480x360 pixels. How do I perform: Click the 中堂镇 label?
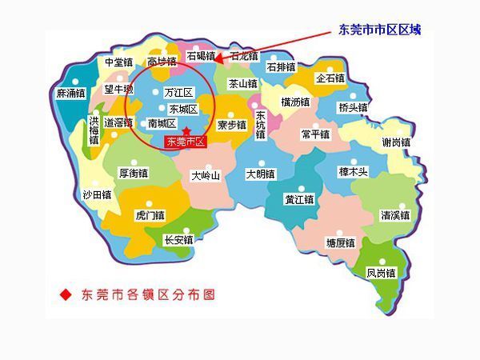click(118, 62)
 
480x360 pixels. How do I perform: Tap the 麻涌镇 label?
click(70, 94)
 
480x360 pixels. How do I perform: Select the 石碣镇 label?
click(201, 56)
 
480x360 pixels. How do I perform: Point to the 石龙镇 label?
click(244, 56)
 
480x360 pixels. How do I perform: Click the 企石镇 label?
click(330, 78)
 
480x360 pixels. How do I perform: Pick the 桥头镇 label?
click(353, 107)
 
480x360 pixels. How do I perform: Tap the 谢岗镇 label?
click(396, 142)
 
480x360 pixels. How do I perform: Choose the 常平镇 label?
click(316, 134)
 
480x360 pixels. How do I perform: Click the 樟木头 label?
click(353, 171)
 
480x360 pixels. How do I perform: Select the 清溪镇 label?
click(395, 215)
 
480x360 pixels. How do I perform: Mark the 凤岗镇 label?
click(381, 273)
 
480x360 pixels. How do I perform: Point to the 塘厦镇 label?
click(340, 242)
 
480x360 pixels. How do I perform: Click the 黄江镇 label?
click(299, 199)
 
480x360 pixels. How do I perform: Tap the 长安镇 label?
click(178, 239)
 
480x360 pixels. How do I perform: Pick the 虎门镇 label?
click(150, 215)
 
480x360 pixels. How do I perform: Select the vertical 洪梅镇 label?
click(94, 130)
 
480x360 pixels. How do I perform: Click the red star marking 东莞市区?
click(186, 130)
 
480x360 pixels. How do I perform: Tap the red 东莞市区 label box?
click(186, 142)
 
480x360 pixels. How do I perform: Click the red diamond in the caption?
click(66, 294)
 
